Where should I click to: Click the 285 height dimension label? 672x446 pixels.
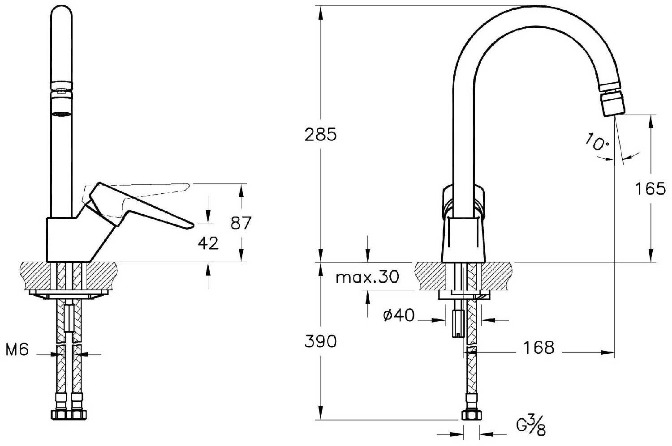click(320, 135)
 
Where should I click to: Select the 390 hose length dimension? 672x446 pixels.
click(320, 341)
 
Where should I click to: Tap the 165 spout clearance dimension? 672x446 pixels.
click(650, 189)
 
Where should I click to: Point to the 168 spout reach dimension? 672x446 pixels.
click(539, 348)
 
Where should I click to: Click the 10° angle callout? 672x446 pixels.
click(597, 142)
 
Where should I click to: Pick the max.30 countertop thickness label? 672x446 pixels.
click(367, 276)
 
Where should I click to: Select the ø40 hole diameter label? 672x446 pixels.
click(399, 315)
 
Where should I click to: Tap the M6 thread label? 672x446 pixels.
click(17, 349)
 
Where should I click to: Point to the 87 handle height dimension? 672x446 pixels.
click(241, 223)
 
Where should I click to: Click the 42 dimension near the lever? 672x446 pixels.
click(208, 243)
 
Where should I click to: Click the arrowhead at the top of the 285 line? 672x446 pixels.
click(321, 13)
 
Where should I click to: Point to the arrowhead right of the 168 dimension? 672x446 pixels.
click(607, 353)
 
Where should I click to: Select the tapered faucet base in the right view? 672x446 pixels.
click(464, 240)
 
